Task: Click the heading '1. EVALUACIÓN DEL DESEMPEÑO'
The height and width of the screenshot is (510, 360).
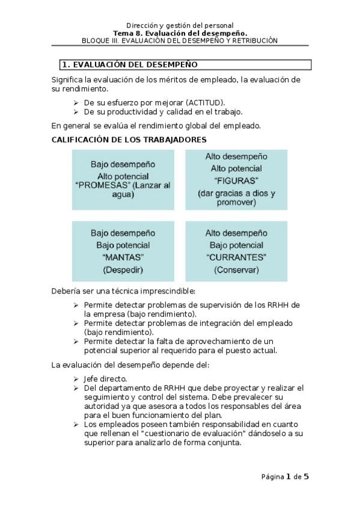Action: click(x=130, y=64)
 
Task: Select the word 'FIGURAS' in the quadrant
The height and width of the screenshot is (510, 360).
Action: click(x=236, y=180)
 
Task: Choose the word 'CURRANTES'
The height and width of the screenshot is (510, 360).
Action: click(x=236, y=257)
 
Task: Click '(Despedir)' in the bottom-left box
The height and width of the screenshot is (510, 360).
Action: click(x=123, y=269)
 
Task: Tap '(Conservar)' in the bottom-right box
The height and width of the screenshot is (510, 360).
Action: click(x=236, y=269)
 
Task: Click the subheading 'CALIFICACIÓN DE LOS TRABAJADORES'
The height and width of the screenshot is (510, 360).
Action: click(x=129, y=140)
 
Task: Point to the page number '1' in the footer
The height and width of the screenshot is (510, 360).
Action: click(x=288, y=477)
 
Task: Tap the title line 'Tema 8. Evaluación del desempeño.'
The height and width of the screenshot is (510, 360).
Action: click(x=180, y=33)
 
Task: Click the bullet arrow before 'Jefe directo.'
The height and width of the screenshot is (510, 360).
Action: click(x=76, y=378)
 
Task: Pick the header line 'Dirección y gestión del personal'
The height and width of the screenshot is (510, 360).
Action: click(x=180, y=25)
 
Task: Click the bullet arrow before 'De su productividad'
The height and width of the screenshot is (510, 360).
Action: click(x=76, y=112)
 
